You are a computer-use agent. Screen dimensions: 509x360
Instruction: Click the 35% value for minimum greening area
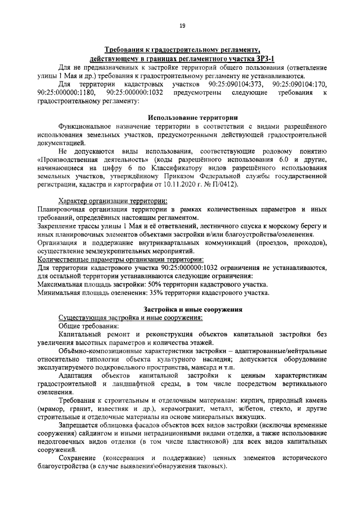coord(158,292)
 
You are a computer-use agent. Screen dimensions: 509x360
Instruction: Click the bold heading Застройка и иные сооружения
coord(192,309)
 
